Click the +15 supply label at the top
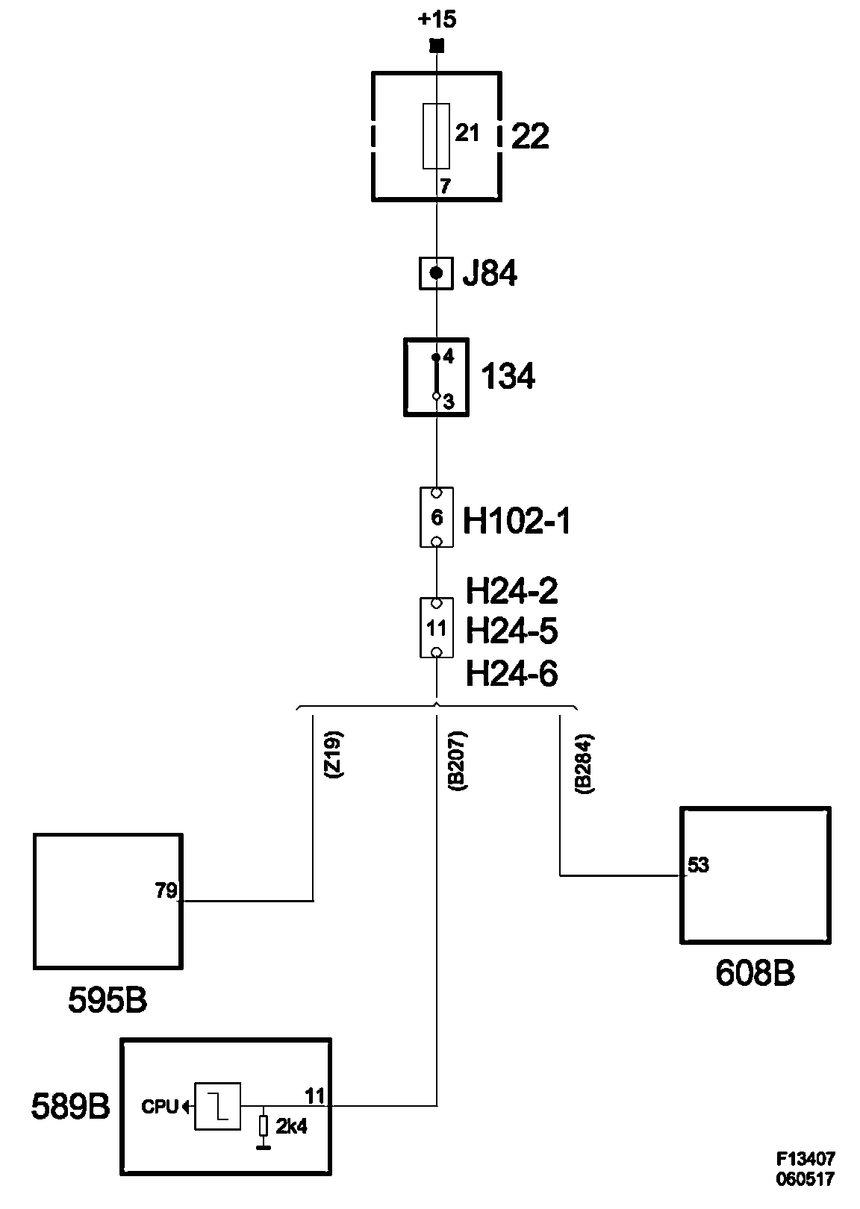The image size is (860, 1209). (437, 19)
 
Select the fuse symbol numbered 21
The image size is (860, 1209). (436, 136)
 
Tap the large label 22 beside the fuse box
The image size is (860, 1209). (530, 137)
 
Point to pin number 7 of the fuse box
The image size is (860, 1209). (445, 187)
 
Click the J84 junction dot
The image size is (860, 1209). (437, 273)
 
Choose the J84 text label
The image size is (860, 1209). (490, 274)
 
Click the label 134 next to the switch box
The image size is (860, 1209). (508, 377)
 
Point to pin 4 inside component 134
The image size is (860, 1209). (448, 357)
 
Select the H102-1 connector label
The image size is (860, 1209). (517, 521)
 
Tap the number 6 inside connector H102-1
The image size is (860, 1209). (437, 517)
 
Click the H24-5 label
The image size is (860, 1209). (511, 631)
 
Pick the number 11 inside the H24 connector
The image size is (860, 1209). (436, 628)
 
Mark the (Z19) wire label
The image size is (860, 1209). (334, 757)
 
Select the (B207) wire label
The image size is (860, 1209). (457, 760)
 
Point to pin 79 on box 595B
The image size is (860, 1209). (166, 890)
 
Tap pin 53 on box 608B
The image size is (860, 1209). (698, 866)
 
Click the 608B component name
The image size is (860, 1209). (755, 973)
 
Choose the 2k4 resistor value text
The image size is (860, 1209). (291, 1127)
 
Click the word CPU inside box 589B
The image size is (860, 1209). (160, 1108)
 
